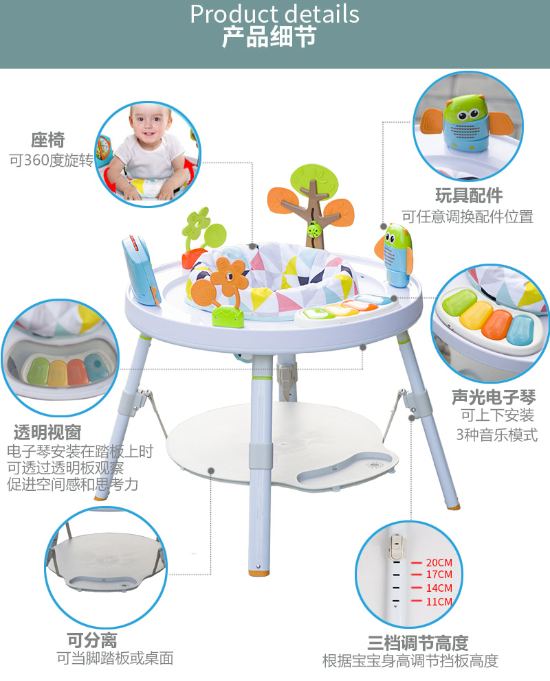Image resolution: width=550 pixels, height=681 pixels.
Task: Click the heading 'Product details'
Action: (x=274, y=14)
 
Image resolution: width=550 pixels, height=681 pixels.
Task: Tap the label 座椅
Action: (x=47, y=140)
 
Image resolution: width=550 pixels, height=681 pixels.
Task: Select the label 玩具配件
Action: (x=469, y=196)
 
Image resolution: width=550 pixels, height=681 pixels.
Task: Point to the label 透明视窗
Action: (x=47, y=432)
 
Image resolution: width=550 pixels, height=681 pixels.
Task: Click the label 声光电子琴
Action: (x=494, y=396)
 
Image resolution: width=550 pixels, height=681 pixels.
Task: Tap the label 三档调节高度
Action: (x=417, y=643)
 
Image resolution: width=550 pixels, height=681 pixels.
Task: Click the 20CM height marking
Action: (x=439, y=562)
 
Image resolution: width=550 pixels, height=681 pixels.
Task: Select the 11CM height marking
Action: (x=439, y=602)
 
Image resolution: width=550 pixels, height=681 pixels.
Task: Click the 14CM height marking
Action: (x=439, y=588)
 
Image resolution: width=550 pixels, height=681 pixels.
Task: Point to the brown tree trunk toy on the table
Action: (x=315, y=206)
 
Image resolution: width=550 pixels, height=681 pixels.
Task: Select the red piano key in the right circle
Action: (x=497, y=324)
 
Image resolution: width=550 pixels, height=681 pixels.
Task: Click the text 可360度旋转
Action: (x=51, y=161)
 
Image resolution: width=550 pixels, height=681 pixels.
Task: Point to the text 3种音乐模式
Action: (x=496, y=435)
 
